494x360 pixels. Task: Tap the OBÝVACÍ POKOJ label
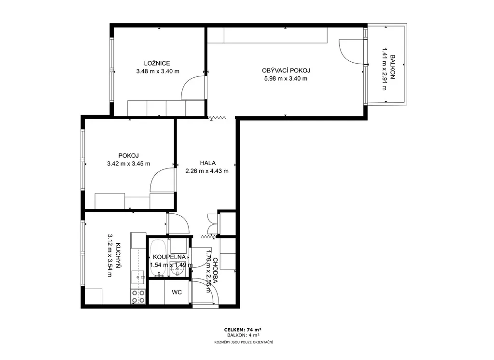point(286,70)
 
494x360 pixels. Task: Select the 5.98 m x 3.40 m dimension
point(286,79)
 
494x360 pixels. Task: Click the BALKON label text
point(392,67)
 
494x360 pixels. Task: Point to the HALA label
point(208,163)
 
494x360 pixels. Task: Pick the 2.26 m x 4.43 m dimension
point(207,171)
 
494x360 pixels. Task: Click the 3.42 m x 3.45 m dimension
point(128,164)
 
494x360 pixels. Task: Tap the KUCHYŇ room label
point(118,255)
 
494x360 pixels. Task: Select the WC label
point(177,292)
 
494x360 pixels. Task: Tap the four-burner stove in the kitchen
point(138,297)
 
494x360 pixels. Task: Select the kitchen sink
point(137,277)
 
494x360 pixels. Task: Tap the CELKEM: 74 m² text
point(243,330)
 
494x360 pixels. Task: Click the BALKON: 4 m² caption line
point(243,335)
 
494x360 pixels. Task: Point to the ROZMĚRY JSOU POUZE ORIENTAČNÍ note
point(244,342)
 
